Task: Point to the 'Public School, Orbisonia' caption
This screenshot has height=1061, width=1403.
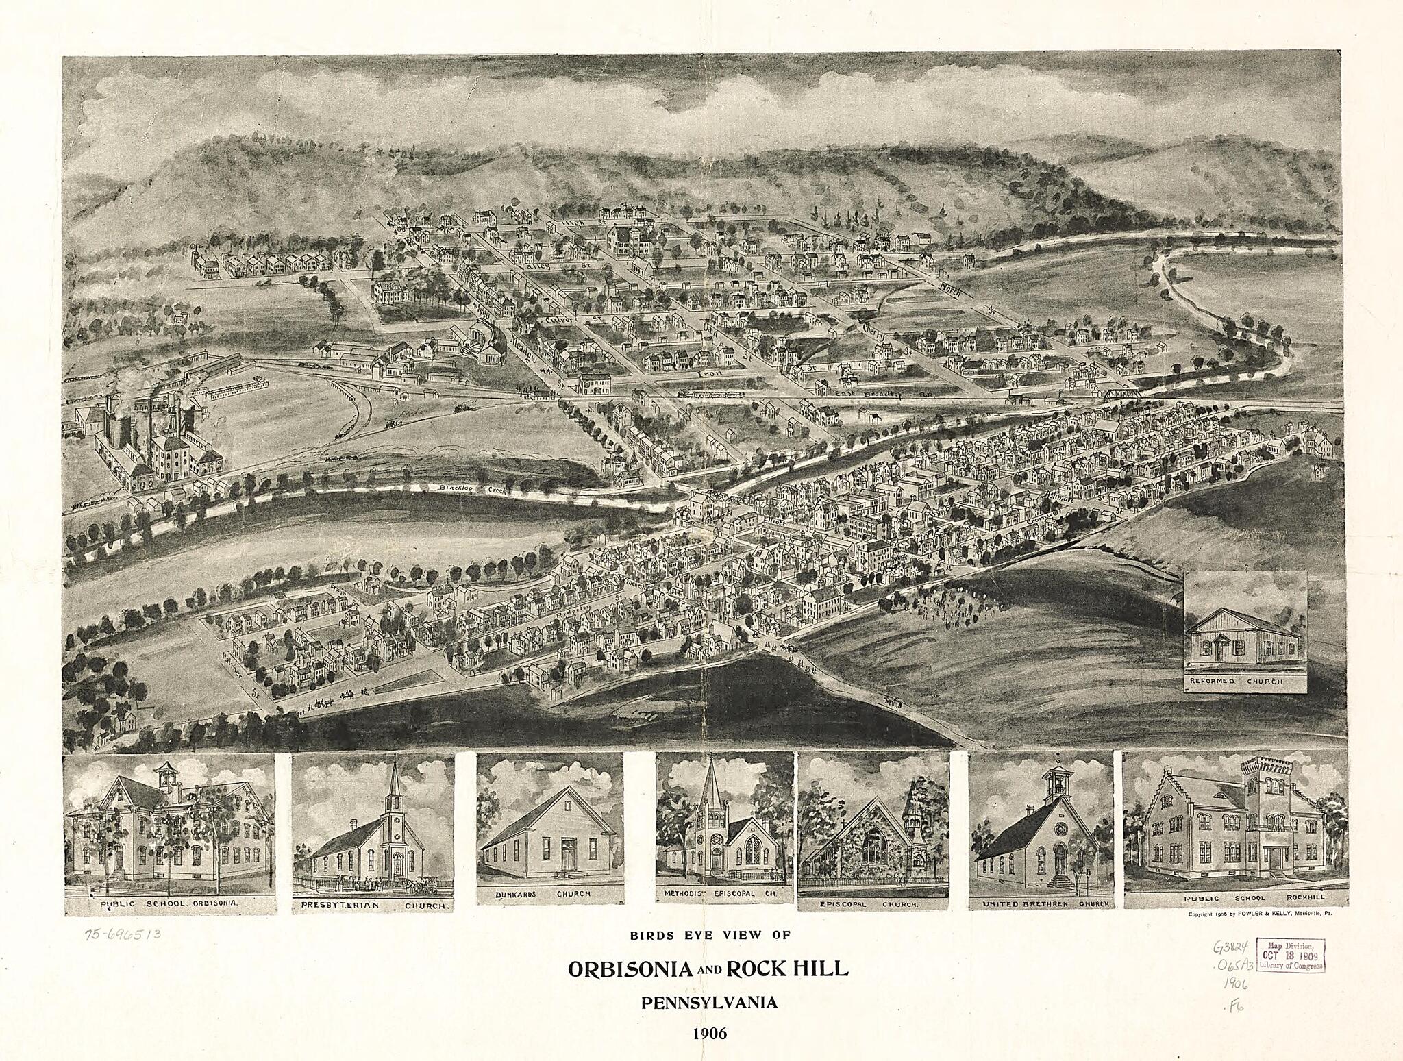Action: point(169,903)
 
